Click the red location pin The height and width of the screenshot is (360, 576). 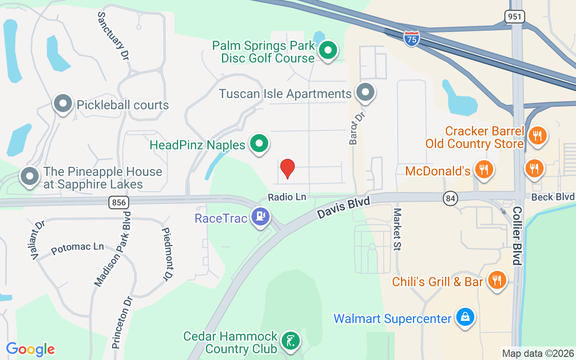[287, 168]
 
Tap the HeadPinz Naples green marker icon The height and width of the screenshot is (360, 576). [259, 144]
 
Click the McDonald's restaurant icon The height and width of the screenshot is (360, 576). [484, 169]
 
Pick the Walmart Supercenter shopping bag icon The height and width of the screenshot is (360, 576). [465, 318]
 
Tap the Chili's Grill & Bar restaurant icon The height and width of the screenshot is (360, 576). [497, 280]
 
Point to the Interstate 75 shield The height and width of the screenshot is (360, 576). [411, 39]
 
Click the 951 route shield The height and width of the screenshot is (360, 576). [514, 16]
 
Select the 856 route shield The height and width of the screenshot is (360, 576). [118, 202]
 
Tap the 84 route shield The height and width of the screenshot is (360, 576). [450, 198]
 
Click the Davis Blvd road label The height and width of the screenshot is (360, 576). [343, 207]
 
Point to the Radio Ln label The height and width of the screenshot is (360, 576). [287, 197]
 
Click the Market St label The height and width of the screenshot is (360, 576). [397, 229]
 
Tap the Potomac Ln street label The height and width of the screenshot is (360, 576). [77, 248]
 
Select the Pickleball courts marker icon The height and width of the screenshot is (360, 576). [63, 104]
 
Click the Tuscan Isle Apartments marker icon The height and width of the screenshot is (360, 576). [365, 92]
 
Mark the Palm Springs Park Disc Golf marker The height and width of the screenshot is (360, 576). [328, 50]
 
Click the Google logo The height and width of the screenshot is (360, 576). [31, 349]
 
